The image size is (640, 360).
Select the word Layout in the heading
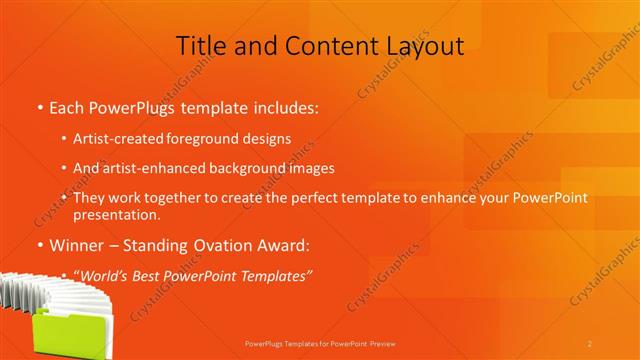click(420, 46)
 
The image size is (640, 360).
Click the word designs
click(267, 139)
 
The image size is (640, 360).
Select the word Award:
click(288, 245)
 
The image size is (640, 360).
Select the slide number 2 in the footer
click(590, 344)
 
